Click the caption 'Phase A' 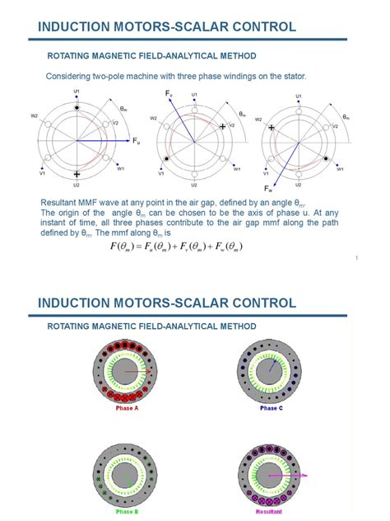[x=126, y=408]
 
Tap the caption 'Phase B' [x=126, y=513]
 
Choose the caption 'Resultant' [x=271, y=513]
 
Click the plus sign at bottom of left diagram [x=77, y=174]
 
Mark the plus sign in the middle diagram [x=222, y=126]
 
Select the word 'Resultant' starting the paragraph [x=58, y=203]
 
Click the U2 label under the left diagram [x=77, y=185]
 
